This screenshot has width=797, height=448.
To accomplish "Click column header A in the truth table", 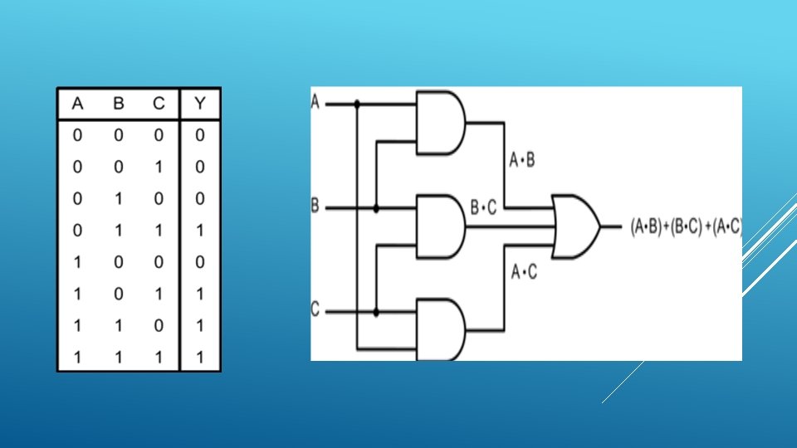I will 77,104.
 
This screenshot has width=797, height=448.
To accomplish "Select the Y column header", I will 200,104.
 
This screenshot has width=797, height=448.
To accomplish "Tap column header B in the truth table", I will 119,104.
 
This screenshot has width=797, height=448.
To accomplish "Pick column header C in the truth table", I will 158,104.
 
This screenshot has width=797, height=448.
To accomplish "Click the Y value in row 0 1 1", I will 200,231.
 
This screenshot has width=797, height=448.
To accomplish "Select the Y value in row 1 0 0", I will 200,263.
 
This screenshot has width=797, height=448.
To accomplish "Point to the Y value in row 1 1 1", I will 200,358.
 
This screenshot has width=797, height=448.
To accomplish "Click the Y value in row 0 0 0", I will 200,135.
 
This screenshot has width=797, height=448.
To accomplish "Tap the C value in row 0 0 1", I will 158,167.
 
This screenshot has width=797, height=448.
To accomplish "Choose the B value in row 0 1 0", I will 119,199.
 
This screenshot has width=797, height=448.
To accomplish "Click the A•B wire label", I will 521,159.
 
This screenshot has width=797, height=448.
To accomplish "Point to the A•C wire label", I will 523,271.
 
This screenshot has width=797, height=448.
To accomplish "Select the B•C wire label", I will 483,208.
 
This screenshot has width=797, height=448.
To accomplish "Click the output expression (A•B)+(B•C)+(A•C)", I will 686,226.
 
